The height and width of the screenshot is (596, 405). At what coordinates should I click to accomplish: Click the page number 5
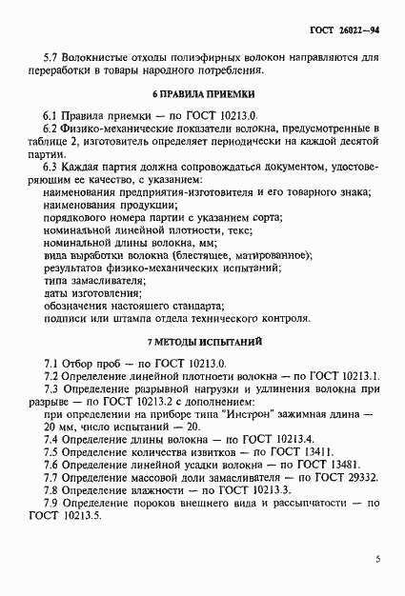378,559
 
